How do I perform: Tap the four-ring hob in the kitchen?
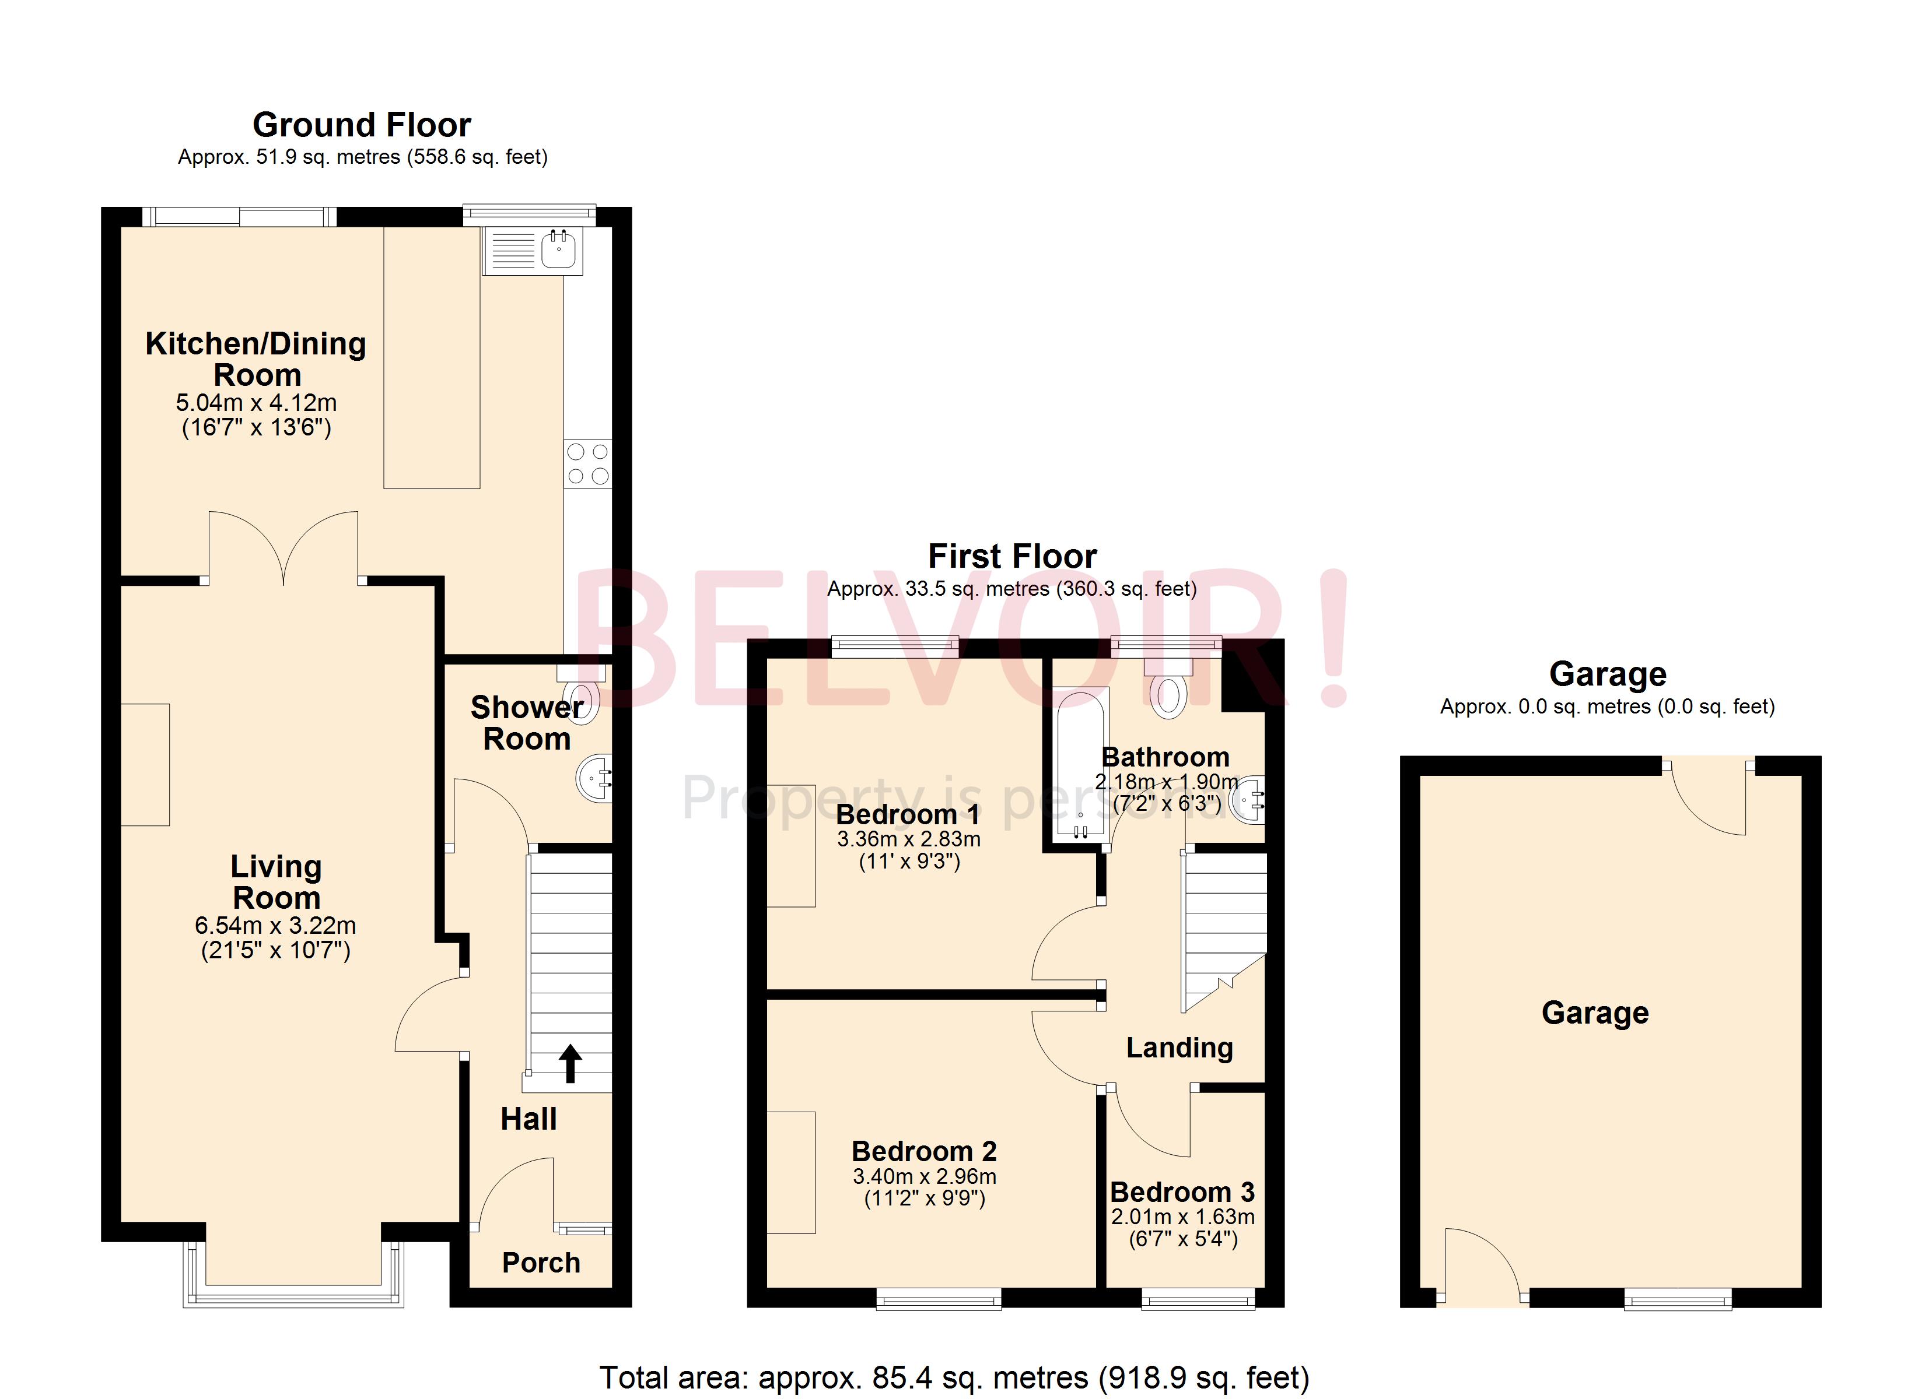tap(587, 463)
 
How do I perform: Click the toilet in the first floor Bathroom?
tap(1169, 695)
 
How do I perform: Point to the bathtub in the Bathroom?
tap(1080, 764)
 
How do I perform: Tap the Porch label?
tap(541, 1263)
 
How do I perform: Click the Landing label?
tap(1179, 1048)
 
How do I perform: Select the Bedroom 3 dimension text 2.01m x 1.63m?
tap(1182, 1217)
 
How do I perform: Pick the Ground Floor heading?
tap(362, 125)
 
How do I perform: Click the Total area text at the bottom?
tap(954, 1377)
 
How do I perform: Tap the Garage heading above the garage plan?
tap(1606, 674)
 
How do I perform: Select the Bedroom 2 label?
tap(923, 1151)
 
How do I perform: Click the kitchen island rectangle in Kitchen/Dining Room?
tap(432, 356)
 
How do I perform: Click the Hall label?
tap(528, 1119)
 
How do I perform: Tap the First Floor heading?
tap(1012, 557)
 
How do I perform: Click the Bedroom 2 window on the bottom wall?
tap(938, 1299)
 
